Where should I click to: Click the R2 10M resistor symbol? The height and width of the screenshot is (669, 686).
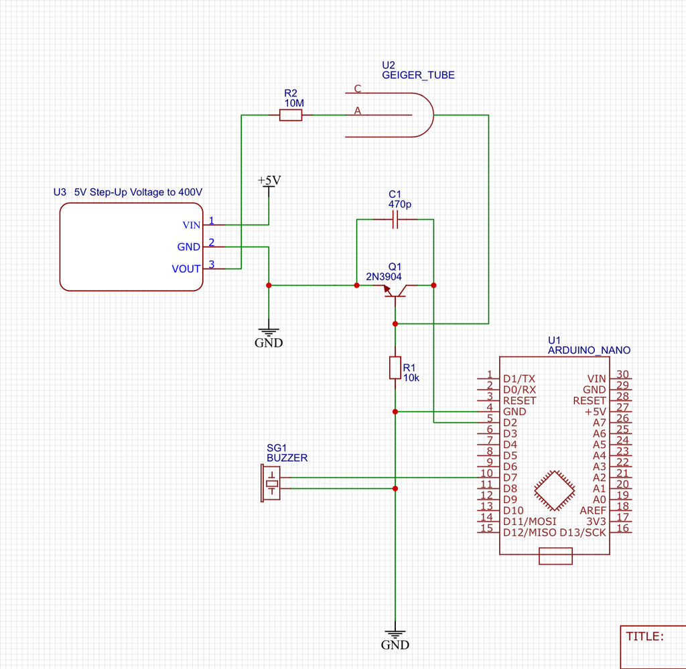291,116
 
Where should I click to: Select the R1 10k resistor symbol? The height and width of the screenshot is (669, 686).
395,368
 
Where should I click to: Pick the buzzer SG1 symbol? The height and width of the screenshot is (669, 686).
271,484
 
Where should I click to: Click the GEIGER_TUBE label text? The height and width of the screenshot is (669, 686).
418,76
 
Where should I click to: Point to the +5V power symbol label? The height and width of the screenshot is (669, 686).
269,181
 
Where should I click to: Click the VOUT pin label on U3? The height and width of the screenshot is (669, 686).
186,269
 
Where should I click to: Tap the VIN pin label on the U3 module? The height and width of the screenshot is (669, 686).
191,225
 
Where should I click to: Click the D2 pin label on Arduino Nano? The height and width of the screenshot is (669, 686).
510,423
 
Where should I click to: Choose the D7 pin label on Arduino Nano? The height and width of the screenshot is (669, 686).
510,477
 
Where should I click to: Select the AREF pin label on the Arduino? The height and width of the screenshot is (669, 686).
593,510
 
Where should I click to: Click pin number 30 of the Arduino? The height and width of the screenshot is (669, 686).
622,375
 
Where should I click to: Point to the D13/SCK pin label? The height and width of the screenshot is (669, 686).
583,532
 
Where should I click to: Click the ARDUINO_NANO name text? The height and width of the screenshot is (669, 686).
589,350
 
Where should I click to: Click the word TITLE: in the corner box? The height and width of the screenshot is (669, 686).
645,636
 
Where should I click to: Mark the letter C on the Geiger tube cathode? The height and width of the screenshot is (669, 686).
358,88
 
